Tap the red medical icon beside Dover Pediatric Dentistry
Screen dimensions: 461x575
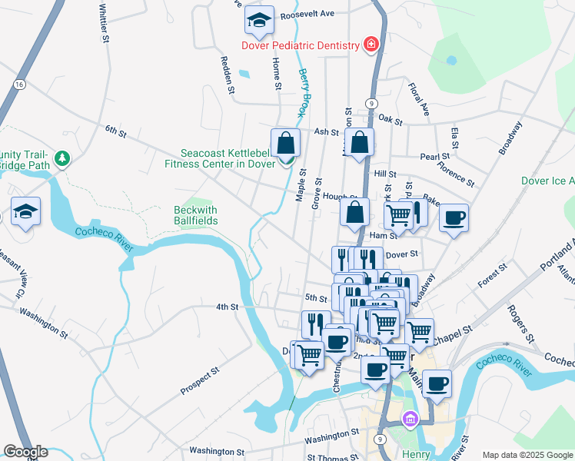click(x=371, y=45)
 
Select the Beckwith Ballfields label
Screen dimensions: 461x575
click(x=195, y=215)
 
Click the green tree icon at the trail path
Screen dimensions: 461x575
click(x=62, y=159)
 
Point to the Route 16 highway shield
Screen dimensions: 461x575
click(x=19, y=84)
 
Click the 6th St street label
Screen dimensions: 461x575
click(x=115, y=132)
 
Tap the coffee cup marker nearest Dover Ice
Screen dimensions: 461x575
click(x=454, y=217)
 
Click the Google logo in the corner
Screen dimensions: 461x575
click(x=25, y=452)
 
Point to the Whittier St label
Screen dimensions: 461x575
click(x=103, y=24)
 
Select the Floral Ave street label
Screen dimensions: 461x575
click(x=418, y=100)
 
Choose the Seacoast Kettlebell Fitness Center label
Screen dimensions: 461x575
click(x=220, y=158)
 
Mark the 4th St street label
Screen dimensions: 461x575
click(x=227, y=307)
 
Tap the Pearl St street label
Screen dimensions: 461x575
click(x=434, y=157)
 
